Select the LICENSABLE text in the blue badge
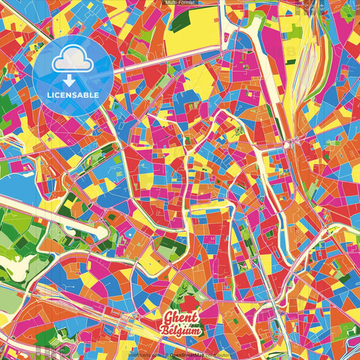click(x=72, y=95)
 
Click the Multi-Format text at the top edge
click(x=180, y=3)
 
